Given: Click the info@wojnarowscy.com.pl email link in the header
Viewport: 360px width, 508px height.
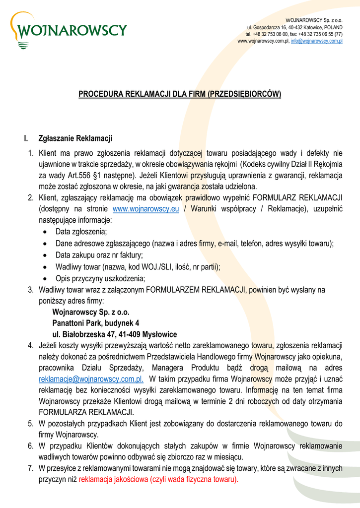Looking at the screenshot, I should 317,41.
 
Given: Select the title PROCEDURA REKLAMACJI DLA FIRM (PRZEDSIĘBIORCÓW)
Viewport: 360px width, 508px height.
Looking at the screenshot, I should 180,94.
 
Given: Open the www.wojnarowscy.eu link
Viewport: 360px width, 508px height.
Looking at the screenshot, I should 146,209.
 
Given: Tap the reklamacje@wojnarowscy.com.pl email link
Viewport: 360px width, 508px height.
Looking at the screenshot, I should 91,380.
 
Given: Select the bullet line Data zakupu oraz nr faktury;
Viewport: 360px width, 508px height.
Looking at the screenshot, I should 99,255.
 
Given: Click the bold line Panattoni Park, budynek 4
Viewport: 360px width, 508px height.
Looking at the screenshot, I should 95,323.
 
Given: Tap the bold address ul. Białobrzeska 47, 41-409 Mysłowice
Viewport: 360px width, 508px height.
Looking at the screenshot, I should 114,334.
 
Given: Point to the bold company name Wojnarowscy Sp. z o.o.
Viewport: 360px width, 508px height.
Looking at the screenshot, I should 91,313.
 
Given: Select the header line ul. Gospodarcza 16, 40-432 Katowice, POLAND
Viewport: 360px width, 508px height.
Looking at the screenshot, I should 294,27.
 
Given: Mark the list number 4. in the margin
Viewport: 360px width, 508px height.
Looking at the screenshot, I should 31,345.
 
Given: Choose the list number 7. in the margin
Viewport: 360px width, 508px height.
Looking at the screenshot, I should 31,468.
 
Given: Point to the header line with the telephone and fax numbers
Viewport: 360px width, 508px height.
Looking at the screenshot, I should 293,34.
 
